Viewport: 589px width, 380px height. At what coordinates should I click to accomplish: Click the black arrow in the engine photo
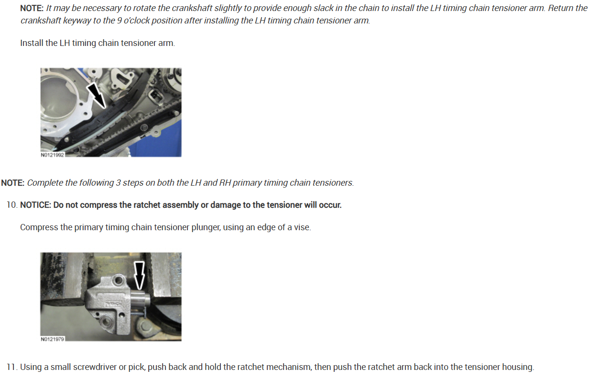pos(97,96)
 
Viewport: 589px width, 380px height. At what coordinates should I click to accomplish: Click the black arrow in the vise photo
pos(139,275)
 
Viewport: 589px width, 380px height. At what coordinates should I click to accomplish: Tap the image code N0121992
pos(52,155)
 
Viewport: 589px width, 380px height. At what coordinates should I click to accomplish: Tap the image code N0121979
pos(52,339)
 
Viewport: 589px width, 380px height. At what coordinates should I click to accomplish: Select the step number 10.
pos(11,205)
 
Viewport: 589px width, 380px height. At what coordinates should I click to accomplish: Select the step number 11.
pos(11,367)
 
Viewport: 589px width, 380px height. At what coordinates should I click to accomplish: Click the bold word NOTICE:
pos(35,205)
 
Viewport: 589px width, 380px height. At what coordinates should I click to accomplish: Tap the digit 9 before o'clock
pos(119,20)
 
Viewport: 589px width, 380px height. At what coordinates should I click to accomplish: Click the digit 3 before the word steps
pos(118,183)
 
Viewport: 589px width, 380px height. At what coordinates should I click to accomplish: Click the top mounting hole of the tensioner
pos(119,279)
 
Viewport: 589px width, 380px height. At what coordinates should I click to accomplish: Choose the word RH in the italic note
pos(225,183)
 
